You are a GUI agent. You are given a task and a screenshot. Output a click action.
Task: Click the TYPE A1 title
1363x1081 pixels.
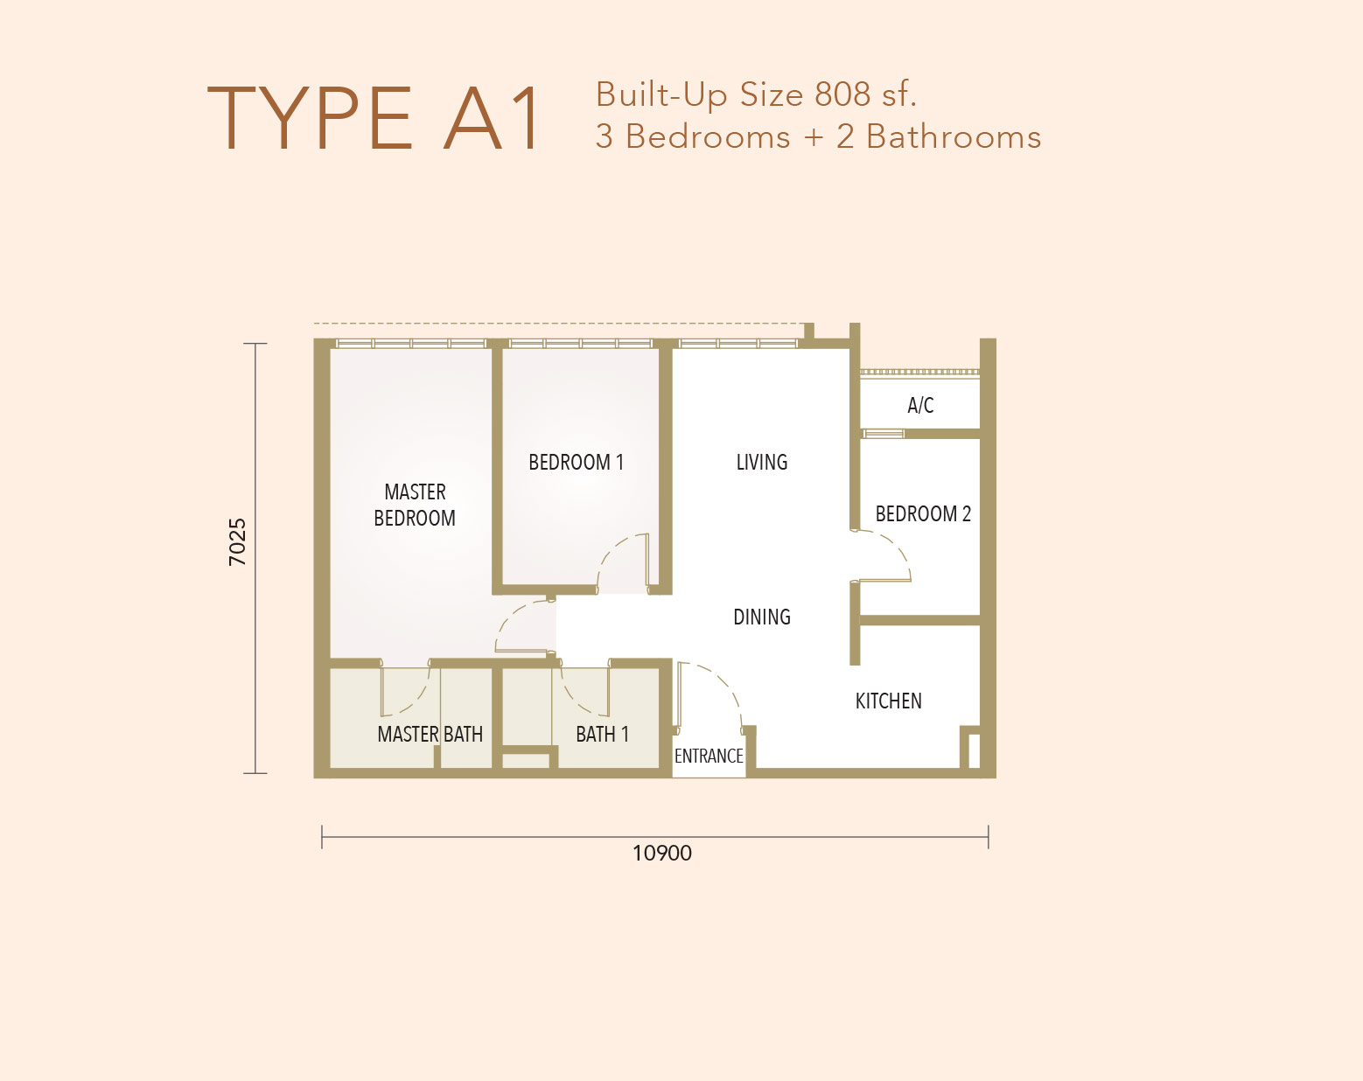[x=374, y=118]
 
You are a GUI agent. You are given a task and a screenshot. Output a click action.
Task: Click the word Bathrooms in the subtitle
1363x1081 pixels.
[x=954, y=136]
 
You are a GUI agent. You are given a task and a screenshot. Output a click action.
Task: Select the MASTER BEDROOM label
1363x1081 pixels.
[x=415, y=505]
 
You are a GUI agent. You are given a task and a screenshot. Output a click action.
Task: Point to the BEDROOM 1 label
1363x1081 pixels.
[x=576, y=463]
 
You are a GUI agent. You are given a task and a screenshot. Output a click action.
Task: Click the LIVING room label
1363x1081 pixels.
[x=762, y=463]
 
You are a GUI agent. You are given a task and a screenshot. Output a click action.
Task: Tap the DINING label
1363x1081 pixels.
[x=762, y=617]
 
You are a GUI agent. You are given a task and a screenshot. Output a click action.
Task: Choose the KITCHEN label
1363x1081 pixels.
[x=889, y=701]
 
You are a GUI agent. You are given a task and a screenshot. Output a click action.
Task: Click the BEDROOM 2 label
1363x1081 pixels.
[x=923, y=513]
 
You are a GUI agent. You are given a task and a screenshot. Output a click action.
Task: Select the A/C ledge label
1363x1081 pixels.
[x=920, y=405]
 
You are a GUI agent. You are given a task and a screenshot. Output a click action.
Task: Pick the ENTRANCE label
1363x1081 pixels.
[x=709, y=757]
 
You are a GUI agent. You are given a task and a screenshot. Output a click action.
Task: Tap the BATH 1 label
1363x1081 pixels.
[x=603, y=735]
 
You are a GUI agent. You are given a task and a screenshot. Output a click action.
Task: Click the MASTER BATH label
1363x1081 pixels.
[x=430, y=735]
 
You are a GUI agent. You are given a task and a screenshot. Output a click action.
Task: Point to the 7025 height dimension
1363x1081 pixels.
[x=237, y=542]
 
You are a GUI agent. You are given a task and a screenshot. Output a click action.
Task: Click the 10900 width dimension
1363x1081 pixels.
[x=662, y=854]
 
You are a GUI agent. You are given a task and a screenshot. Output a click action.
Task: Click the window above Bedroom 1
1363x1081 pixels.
[x=580, y=344]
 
